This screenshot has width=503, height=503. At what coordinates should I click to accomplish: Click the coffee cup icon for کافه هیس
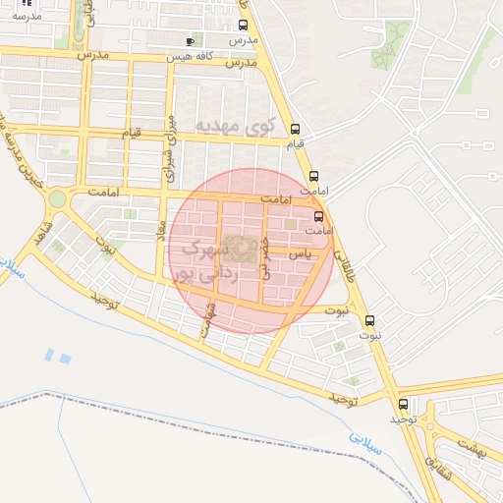191,41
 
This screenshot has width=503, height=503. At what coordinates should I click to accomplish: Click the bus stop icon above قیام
297,129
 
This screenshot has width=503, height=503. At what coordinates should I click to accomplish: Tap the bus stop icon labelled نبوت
370,320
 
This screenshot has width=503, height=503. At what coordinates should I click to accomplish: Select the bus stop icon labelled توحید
403,404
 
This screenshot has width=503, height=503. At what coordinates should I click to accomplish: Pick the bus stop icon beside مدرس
243,25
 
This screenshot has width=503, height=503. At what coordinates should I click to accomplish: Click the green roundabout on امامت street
57,198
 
